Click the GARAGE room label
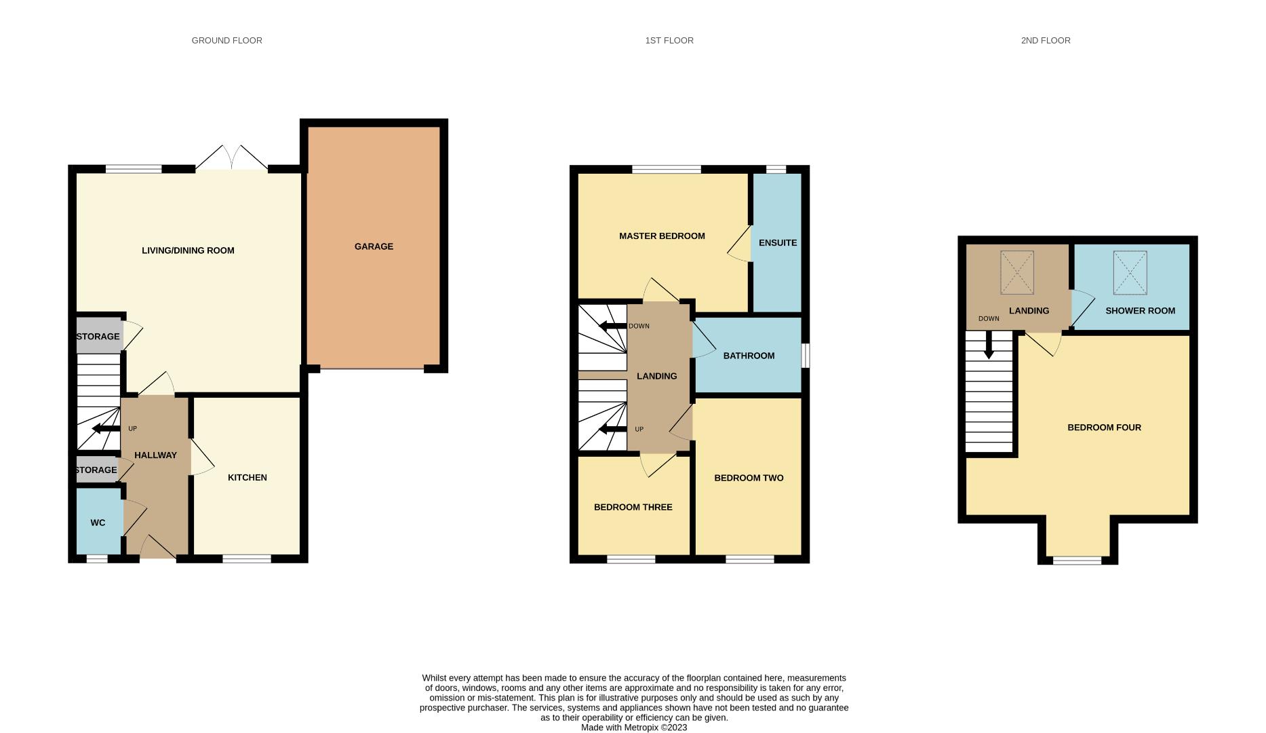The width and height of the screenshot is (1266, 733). [374, 246]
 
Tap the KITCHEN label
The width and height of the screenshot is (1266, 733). [247, 478]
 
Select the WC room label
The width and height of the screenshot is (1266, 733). [98, 523]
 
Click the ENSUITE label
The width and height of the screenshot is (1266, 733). [777, 243]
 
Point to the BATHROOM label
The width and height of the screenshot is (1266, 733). [748, 356]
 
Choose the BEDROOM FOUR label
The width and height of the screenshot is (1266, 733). [1103, 428]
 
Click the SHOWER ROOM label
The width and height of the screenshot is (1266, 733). [1139, 311]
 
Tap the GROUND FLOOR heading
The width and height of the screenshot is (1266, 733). [226, 41]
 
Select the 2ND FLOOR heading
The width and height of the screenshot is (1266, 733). [1045, 41]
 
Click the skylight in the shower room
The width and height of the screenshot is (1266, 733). [1130, 273]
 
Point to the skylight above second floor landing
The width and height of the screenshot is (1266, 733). [1016, 273]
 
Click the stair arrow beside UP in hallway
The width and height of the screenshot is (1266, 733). [105, 428]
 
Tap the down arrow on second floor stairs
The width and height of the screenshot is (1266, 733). [988, 345]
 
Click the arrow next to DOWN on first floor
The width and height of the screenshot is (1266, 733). [612, 326]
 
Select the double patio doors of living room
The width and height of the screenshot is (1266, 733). [231, 158]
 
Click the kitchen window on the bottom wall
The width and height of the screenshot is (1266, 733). [247, 559]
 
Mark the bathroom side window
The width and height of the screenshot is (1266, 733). [806, 356]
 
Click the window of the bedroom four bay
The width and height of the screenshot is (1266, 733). [1077, 561]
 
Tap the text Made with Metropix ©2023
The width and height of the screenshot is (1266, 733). [633, 728]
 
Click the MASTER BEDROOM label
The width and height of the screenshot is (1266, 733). [661, 236]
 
